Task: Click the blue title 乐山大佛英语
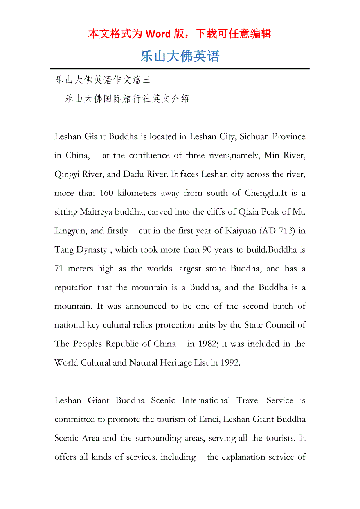tap(180, 56)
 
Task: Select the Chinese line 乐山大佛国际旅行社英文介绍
tap(127, 99)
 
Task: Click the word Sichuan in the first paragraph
tap(254, 136)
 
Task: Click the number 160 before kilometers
tap(106, 193)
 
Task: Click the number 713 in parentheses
tap(286, 231)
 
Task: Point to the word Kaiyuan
tap(241, 231)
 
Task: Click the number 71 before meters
tap(59, 269)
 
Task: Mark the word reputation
tap(74, 287)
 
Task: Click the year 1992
tap(230, 363)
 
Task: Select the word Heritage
tap(176, 363)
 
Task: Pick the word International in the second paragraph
tap(205, 400)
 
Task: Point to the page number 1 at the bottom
tap(180, 473)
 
